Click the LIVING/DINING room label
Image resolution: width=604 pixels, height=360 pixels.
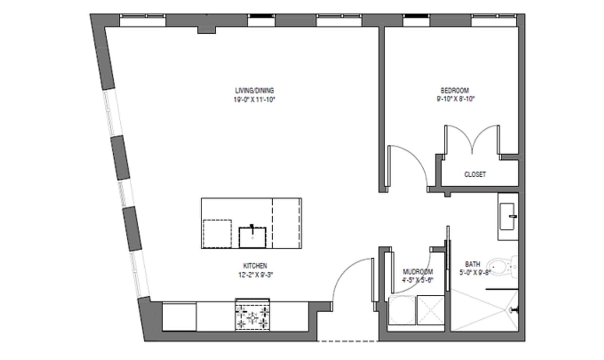pos(254,90)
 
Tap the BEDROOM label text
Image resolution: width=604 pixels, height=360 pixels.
pos(454,90)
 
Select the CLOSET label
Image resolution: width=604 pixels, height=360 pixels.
pos(474,174)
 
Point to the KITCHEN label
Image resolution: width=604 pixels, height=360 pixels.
pos(255,266)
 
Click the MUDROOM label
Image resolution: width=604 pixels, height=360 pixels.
pos(417,272)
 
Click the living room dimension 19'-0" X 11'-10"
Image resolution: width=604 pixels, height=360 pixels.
pos(255,99)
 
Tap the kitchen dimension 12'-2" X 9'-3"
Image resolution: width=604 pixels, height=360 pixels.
pos(255,274)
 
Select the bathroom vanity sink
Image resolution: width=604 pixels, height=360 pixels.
pos(508,216)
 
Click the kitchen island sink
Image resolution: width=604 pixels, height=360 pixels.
pos(252,237)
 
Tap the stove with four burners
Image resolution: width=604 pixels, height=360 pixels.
pos(252,316)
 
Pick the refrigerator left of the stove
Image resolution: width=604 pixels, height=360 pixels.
pos(179,316)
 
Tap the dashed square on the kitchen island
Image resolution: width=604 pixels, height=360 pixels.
pos(217,234)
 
